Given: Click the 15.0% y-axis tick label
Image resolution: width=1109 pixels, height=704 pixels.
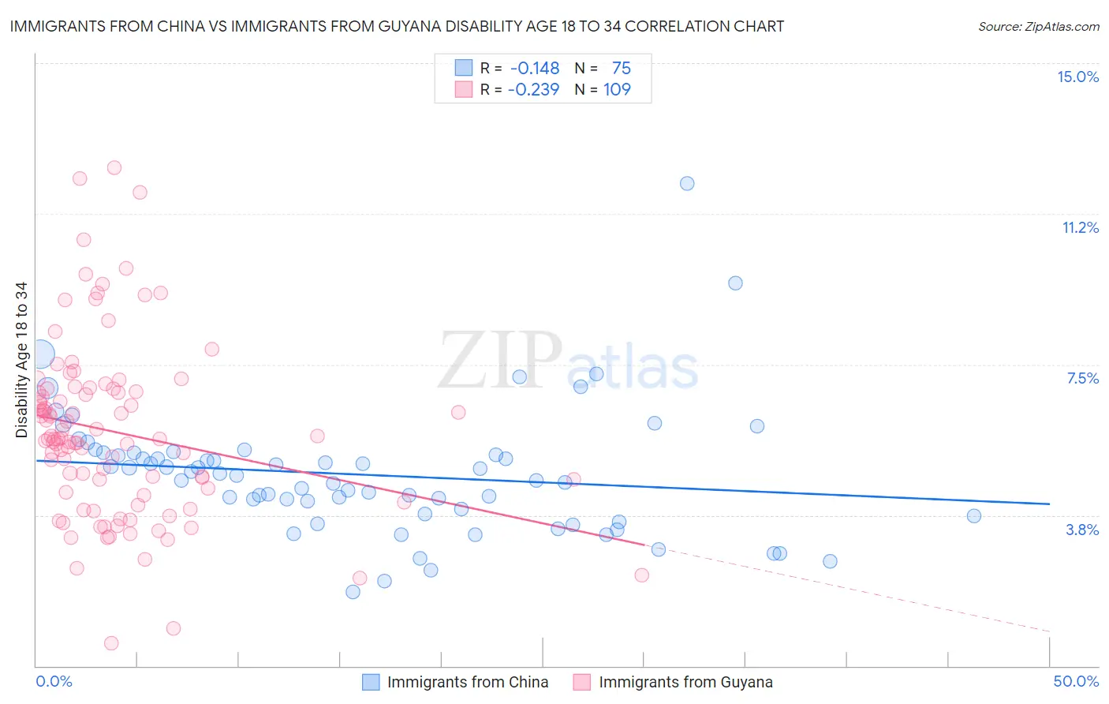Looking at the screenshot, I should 1077,77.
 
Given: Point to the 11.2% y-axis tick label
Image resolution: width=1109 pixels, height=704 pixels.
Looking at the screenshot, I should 1080,227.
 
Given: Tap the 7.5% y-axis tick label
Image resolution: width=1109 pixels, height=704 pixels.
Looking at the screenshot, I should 1082,378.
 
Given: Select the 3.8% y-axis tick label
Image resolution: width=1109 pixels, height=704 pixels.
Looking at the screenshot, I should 1082,530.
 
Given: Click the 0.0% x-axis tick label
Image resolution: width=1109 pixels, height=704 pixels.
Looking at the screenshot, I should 54,681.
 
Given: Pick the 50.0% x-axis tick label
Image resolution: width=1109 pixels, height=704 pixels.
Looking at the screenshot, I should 1076,681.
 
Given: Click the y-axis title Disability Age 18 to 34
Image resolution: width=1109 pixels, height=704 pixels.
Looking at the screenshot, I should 21,360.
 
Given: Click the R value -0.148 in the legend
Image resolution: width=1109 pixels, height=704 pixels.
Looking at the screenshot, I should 535,68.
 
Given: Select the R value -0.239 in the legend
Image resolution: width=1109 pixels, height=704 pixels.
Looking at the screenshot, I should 533,89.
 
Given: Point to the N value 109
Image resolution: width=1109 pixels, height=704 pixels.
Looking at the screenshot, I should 617,89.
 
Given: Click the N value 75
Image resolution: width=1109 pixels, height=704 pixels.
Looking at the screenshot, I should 621,68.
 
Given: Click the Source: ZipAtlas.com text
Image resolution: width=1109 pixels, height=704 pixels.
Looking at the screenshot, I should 1038,26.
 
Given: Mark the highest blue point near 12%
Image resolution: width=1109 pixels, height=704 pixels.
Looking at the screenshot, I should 687,183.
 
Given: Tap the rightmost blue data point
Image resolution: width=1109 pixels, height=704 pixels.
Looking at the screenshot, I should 974,516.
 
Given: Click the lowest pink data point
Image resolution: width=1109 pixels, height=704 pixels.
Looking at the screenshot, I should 111,643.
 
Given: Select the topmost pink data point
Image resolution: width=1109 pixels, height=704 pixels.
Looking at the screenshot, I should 114,167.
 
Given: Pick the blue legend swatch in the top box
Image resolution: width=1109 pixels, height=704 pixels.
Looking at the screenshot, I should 463,68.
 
